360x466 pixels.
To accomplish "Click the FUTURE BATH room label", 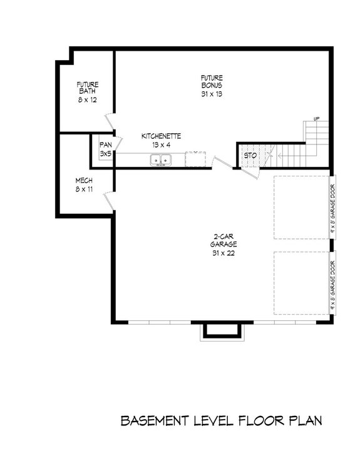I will tap(87, 88).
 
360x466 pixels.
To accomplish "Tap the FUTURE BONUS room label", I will tap(212, 81).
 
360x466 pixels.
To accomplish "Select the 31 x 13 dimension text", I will tap(212, 94).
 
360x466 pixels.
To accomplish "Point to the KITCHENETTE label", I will tap(162, 136).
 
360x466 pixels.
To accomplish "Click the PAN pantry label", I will tap(105, 146).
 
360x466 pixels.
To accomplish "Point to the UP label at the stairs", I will tap(317, 119).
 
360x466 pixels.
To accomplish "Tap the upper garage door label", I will tap(332, 207).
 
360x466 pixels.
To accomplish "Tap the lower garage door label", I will tap(332, 283).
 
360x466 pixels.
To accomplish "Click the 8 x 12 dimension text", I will tap(87, 99).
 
